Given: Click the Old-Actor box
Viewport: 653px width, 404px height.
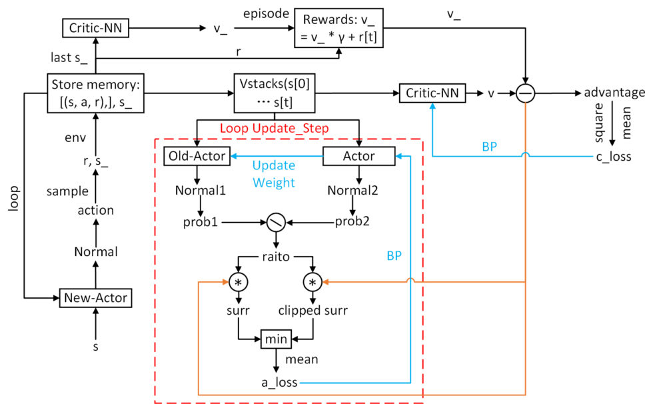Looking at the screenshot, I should point(197,157).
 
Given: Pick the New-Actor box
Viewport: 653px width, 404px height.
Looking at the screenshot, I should point(96,297).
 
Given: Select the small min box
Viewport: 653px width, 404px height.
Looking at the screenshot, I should point(275,339).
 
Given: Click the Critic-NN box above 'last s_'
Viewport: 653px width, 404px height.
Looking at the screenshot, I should point(97,28).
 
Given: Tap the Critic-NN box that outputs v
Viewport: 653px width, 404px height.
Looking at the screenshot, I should point(432,93).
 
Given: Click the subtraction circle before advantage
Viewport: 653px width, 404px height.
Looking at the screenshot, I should point(526,93).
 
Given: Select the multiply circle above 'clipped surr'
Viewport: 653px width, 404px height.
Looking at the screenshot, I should point(313,283).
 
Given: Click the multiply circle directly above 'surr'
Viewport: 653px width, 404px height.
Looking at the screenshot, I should point(238,283).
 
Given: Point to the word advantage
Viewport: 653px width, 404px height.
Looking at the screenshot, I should point(614,93).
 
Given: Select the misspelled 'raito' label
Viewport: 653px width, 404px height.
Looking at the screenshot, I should point(276,256).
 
